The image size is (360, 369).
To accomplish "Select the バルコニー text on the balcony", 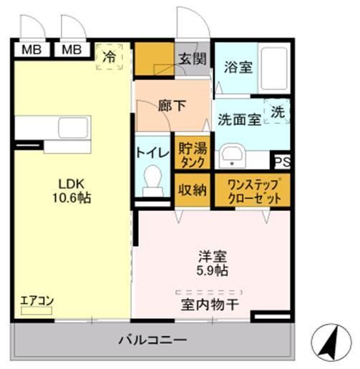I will pyautogui.click(x=152, y=340).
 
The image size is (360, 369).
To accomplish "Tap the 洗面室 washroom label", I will pyautogui.click(x=238, y=120).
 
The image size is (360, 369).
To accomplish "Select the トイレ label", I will pyautogui.click(x=151, y=152).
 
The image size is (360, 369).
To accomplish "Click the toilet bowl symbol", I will pyautogui.click(x=152, y=179).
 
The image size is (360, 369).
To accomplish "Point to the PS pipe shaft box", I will pyautogui.click(x=281, y=162).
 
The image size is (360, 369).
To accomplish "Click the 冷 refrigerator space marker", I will pyautogui.click(x=110, y=56).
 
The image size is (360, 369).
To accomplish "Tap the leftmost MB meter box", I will pyautogui.click(x=30, y=50).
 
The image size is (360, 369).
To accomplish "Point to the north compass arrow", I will pyautogui.click(x=329, y=342).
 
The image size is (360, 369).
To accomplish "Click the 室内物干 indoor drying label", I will pyautogui.click(x=210, y=304).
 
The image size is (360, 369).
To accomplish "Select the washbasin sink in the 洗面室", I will pyautogui.click(x=232, y=156).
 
